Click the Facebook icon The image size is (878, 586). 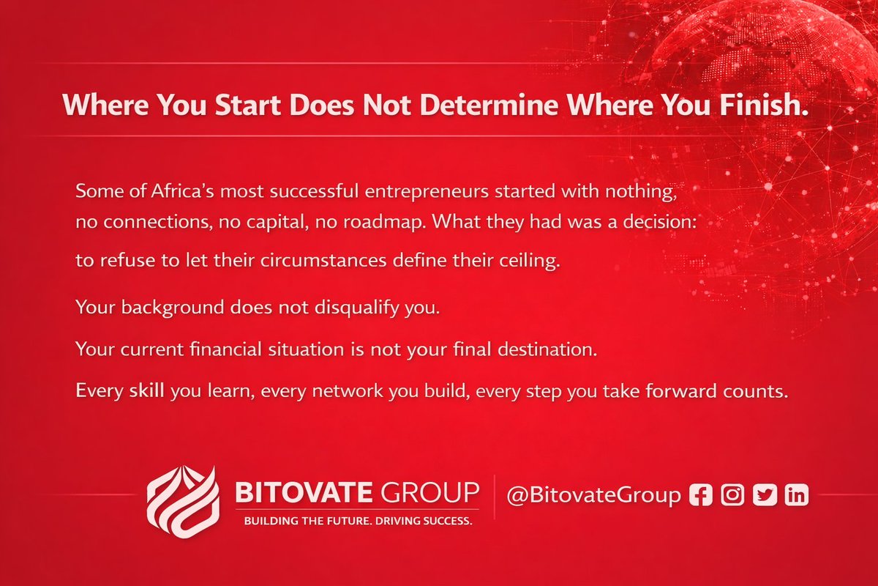pyautogui.click(x=701, y=495)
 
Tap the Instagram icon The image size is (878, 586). pyautogui.click(x=732, y=495)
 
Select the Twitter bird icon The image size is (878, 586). pyautogui.click(x=765, y=495)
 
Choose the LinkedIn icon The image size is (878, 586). pyautogui.click(x=797, y=495)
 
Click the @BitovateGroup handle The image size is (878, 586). pyautogui.click(x=594, y=495)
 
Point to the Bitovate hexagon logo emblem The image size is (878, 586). pyautogui.click(x=183, y=502)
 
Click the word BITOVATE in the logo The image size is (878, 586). pyautogui.click(x=304, y=492)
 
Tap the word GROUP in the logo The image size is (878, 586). pyautogui.click(x=429, y=492)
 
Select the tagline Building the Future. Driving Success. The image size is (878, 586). pyautogui.click(x=359, y=522)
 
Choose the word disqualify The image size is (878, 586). pyautogui.click(x=357, y=308)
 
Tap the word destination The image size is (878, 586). pyautogui.click(x=547, y=349)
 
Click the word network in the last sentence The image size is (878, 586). pyautogui.click(x=348, y=391)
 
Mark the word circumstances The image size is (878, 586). pyautogui.click(x=323, y=261)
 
